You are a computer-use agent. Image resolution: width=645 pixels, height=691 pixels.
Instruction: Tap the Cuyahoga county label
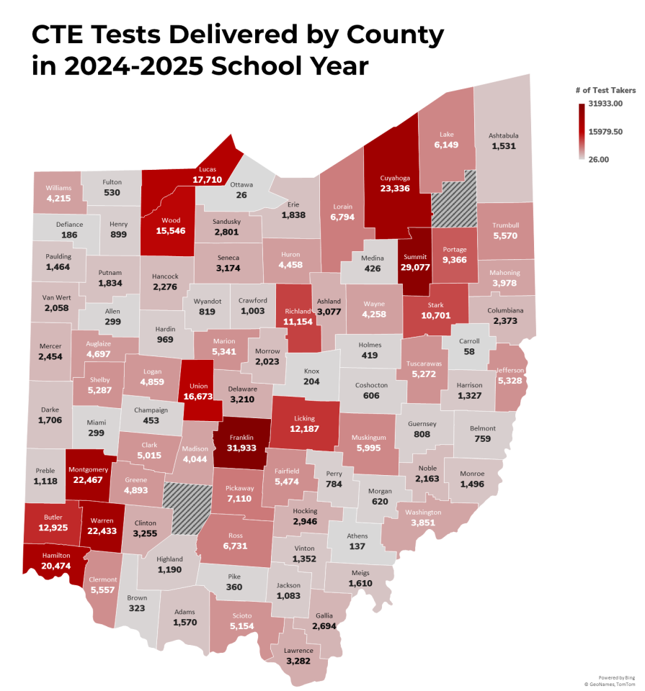tap(396, 176)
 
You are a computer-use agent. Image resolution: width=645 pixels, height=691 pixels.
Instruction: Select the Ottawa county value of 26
tap(241, 195)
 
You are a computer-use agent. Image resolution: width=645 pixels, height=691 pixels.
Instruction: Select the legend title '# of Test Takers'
tap(605, 90)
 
